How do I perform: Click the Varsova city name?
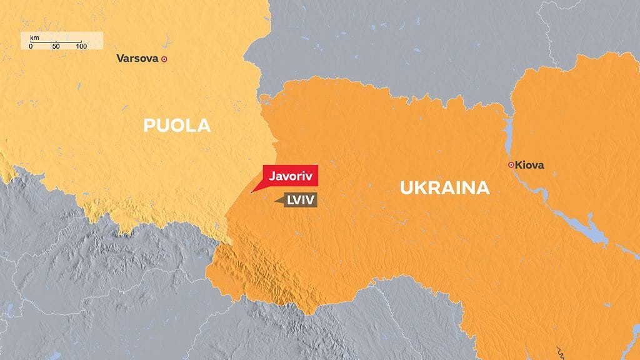[x=137, y=59]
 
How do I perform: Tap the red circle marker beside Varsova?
[x=164, y=59]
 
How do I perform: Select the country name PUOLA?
[x=177, y=126]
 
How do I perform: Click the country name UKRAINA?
[x=444, y=187]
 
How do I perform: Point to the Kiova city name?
[x=530, y=165]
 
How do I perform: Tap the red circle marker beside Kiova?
[x=511, y=165]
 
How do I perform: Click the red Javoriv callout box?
[x=291, y=176]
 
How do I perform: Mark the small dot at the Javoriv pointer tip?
[x=251, y=192]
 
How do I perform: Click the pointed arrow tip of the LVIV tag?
[x=276, y=200]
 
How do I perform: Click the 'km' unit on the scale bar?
[x=34, y=39]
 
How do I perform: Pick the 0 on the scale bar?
[x=31, y=47]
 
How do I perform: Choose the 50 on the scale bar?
[x=56, y=47]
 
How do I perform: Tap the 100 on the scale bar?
[x=81, y=47]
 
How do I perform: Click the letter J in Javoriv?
[x=272, y=176]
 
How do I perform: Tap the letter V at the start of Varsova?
[x=120, y=59]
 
